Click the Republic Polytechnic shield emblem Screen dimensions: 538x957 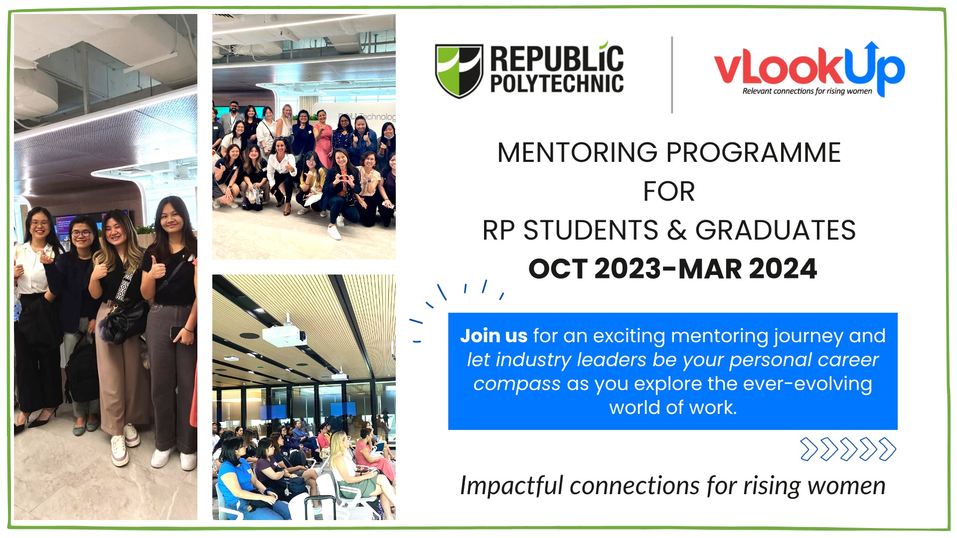pyautogui.click(x=459, y=70)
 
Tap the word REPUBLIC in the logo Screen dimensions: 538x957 pyautogui.click(x=557, y=59)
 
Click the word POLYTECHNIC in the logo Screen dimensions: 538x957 pyautogui.click(x=557, y=84)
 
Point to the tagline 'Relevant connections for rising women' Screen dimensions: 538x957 pyautogui.click(x=807, y=91)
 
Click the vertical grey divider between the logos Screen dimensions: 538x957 pyautogui.click(x=672, y=75)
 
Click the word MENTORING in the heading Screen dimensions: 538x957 pyautogui.click(x=577, y=152)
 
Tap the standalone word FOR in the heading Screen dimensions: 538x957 pyautogui.click(x=669, y=192)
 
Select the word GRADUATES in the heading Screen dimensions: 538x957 pyautogui.click(x=775, y=231)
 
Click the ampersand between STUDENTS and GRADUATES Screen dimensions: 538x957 pyautogui.click(x=676, y=231)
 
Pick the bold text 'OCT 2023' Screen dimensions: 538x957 pyautogui.click(x=594, y=269)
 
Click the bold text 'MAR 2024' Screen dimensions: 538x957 pyautogui.click(x=748, y=269)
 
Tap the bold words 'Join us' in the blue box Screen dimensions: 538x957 pyautogui.click(x=493, y=336)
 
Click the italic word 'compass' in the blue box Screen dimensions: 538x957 pyautogui.click(x=516, y=384)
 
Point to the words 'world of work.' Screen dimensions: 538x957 pyautogui.click(x=672, y=408)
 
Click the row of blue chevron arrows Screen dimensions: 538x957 pyautogui.click(x=848, y=449)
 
